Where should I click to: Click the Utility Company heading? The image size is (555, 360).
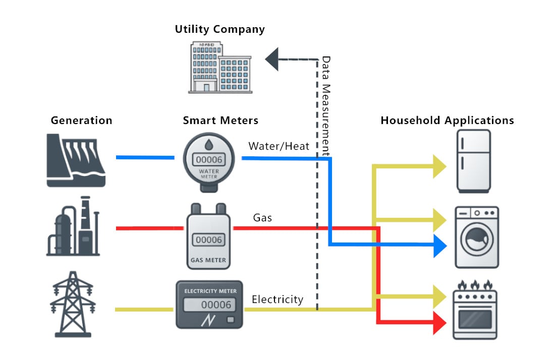tap(219, 29)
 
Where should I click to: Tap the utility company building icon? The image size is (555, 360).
tap(220, 68)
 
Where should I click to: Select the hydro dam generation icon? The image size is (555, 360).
tap(76, 160)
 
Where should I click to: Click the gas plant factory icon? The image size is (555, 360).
tap(73, 227)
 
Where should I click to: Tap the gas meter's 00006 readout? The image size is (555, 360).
tap(208, 240)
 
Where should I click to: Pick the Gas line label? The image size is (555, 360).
tap(262, 218)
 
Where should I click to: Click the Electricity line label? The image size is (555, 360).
tap(277, 299)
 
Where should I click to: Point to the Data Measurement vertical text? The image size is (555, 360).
tap(326, 106)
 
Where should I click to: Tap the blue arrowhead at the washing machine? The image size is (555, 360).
tap(440, 246)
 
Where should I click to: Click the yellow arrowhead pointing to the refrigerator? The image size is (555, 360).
tap(439, 166)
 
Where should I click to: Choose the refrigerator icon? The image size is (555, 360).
tap(473, 161)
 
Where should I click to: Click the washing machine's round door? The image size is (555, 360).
tap(477, 241)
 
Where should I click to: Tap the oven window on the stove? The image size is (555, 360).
tap(475, 318)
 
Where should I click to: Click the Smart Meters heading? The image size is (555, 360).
tap(220, 121)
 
